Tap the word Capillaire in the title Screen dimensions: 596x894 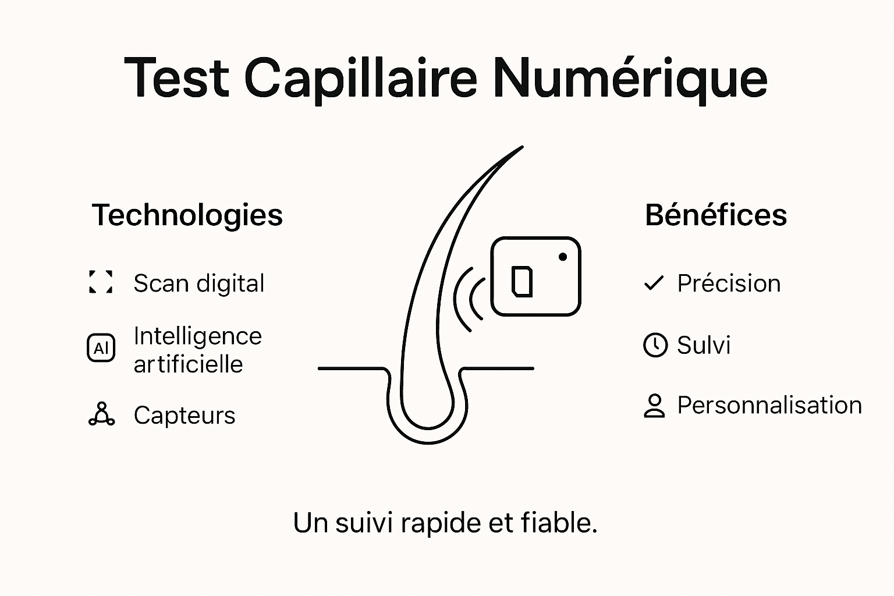tap(360, 79)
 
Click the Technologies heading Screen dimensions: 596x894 tap(187, 215)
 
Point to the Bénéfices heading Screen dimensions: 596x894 tap(716, 215)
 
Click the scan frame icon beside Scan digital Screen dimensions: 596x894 tap(101, 282)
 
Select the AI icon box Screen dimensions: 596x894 tap(101, 348)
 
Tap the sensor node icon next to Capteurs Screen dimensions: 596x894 tap(101, 414)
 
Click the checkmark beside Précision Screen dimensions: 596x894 tap(654, 283)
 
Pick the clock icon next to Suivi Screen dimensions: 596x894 tap(655, 345)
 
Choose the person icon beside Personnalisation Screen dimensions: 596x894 tap(654, 406)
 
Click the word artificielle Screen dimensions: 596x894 tap(188, 364)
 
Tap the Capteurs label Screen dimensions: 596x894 tap(185, 415)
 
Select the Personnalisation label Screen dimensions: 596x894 tap(769, 405)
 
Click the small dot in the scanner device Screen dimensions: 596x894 tap(562, 257)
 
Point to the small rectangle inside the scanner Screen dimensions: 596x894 tap(521, 281)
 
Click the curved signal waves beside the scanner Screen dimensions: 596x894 tap(469, 299)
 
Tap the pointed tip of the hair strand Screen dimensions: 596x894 tap(521, 148)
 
